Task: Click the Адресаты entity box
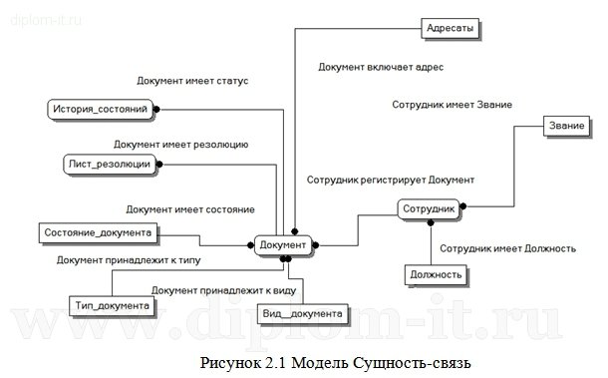tap(450, 29)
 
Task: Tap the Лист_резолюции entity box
tap(109, 163)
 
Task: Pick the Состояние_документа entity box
tap(98, 232)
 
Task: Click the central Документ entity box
tap(282, 243)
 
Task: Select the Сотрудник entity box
tap(429, 209)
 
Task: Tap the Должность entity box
tap(436, 273)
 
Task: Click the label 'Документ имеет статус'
tap(191, 80)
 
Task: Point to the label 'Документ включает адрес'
tap(380, 68)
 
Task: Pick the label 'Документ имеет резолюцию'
tap(180, 145)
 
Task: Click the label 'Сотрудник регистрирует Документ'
tap(392, 180)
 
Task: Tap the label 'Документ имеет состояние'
tap(189, 209)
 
